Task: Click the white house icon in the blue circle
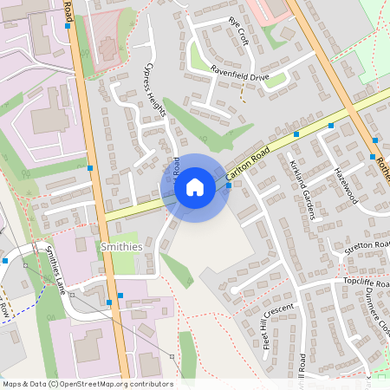pyautogui.click(x=195, y=187)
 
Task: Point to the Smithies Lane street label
pyautogui.click(x=54, y=270)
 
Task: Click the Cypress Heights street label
pyautogui.click(x=154, y=87)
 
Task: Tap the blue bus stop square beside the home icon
pyautogui.click(x=228, y=185)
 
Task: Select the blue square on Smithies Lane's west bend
pyautogui.click(x=5, y=260)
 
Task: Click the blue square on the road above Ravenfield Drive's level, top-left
pyautogui.click(x=68, y=26)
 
